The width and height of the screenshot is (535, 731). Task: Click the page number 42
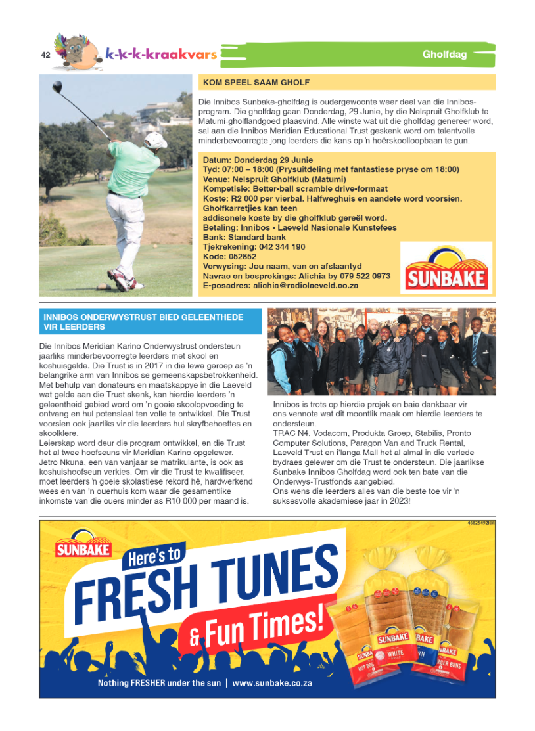coord(45,55)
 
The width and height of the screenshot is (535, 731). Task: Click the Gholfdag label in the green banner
coord(444,55)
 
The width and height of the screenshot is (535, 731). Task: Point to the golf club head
coord(57,86)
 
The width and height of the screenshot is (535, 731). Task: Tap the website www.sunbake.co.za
coord(271,683)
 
